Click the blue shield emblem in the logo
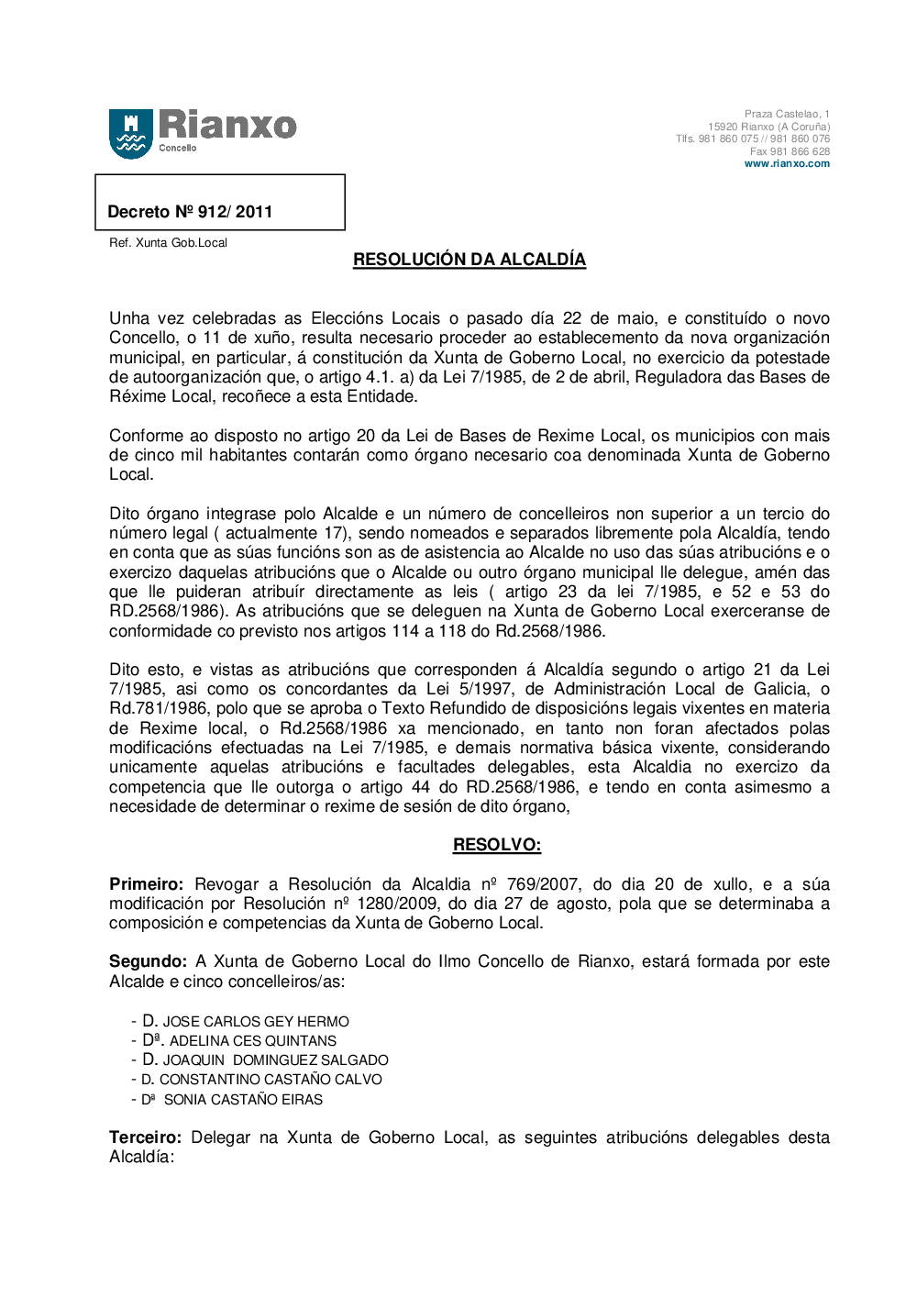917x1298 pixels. click(131, 133)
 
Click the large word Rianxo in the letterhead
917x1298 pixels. click(227, 125)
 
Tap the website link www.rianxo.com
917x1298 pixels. click(787, 164)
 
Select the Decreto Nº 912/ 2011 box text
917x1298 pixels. click(190, 212)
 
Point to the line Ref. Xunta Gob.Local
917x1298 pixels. click(168, 243)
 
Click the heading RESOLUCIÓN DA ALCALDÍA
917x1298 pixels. click(470, 260)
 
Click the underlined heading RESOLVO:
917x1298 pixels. click(497, 845)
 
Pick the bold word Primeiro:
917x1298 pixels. click(146, 884)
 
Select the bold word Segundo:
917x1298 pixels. click(148, 961)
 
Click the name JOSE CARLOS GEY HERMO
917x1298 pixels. click(256, 1022)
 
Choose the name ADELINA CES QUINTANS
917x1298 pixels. click(253, 1041)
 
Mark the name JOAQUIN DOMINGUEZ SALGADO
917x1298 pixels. click(276, 1060)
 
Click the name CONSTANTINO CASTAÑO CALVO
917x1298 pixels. click(271, 1080)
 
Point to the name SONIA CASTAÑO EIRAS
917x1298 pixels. click(243, 1100)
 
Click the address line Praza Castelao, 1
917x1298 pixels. click(787, 115)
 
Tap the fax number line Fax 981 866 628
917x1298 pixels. click(790, 151)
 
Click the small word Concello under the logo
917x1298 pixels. click(178, 148)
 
